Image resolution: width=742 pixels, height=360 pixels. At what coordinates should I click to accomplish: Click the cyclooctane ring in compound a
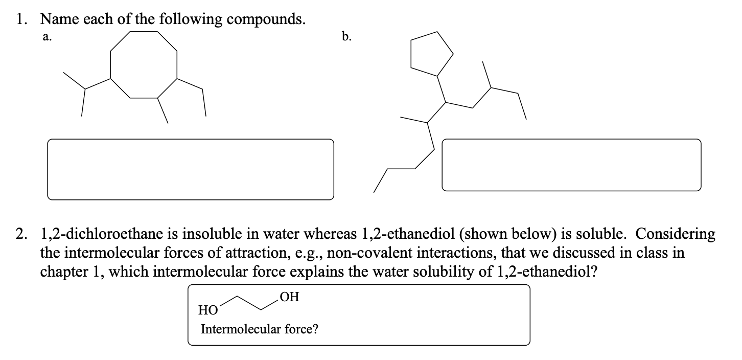[x=144, y=64]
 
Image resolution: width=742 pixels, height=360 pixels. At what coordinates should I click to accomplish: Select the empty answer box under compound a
[x=191, y=169]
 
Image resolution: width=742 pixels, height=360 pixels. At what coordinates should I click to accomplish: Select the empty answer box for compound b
[x=571, y=165]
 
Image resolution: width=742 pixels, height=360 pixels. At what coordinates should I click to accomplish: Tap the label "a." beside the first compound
[x=47, y=36]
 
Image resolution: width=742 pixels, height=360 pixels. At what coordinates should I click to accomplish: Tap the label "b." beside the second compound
[x=346, y=36]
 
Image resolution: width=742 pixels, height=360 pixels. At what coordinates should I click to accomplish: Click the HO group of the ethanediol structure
[x=207, y=309]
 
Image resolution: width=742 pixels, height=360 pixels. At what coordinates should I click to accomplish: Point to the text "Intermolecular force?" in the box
[x=260, y=329]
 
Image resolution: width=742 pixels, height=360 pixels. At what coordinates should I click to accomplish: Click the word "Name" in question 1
[x=57, y=19]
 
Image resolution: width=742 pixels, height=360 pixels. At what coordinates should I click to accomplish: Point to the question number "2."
[x=22, y=234]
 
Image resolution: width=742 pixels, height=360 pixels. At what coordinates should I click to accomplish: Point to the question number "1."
[x=22, y=19]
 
